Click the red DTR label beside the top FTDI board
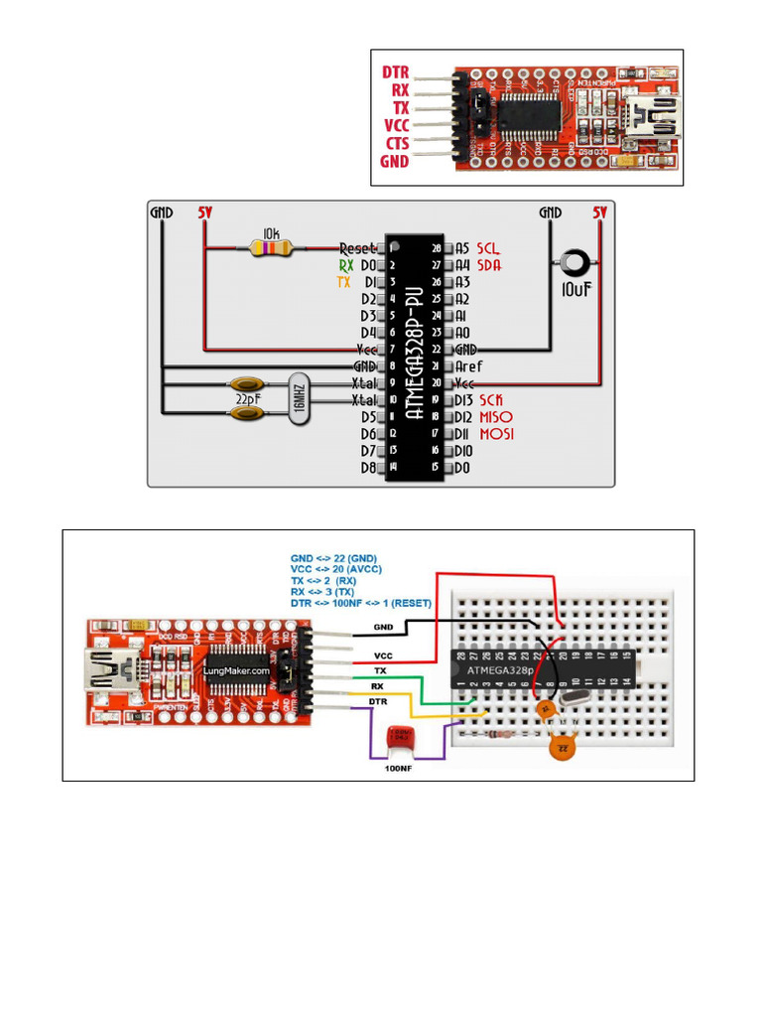pyautogui.click(x=396, y=73)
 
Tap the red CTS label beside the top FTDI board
pyautogui.click(x=396, y=143)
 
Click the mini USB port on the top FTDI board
pyautogui.click(x=656, y=118)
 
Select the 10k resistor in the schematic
pyautogui.click(x=271, y=248)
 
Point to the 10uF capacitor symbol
pyautogui.click(x=573, y=264)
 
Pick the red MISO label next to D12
pyautogui.click(x=496, y=417)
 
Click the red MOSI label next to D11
pyautogui.click(x=496, y=434)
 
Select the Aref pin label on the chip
pyautogui.click(x=469, y=366)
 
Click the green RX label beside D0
pyautogui.click(x=345, y=265)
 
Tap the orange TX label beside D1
pyautogui.click(x=344, y=282)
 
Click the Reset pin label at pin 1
pyautogui.click(x=357, y=248)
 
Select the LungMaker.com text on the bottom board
pyautogui.click(x=236, y=670)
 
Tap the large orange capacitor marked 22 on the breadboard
pyautogui.click(x=564, y=745)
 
